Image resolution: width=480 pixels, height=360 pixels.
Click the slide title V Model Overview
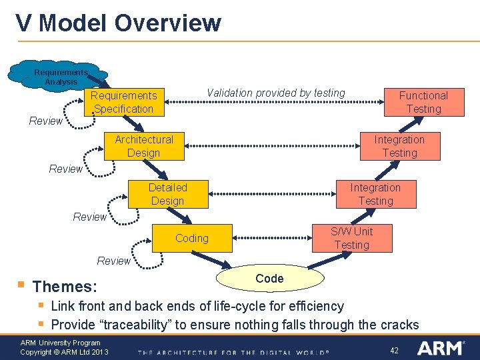click(119, 23)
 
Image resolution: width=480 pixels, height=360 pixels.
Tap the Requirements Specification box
click(124, 102)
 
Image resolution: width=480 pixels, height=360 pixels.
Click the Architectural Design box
click(143, 146)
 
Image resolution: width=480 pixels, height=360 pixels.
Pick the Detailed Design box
click(167, 194)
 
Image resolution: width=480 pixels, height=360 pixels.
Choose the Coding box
click(191, 238)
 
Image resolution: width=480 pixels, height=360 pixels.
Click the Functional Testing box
click(423, 102)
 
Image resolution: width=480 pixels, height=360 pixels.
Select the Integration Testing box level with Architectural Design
click(399, 146)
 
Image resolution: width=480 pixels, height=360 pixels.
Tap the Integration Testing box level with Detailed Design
click(375, 194)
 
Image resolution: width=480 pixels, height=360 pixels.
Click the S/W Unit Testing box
click(351, 238)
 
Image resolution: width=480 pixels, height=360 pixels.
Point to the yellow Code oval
click(269, 279)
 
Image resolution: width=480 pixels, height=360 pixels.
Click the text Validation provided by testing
click(276, 93)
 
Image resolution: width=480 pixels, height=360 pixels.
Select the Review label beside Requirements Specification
click(45, 121)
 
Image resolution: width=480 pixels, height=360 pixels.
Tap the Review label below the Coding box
click(113, 261)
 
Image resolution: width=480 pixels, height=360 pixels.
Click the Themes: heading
click(65, 287)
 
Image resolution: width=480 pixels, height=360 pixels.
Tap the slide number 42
click(394, 350)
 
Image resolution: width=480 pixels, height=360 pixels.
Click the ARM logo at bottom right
click(441, 348)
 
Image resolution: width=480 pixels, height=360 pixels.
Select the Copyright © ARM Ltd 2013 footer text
click(64, 352)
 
